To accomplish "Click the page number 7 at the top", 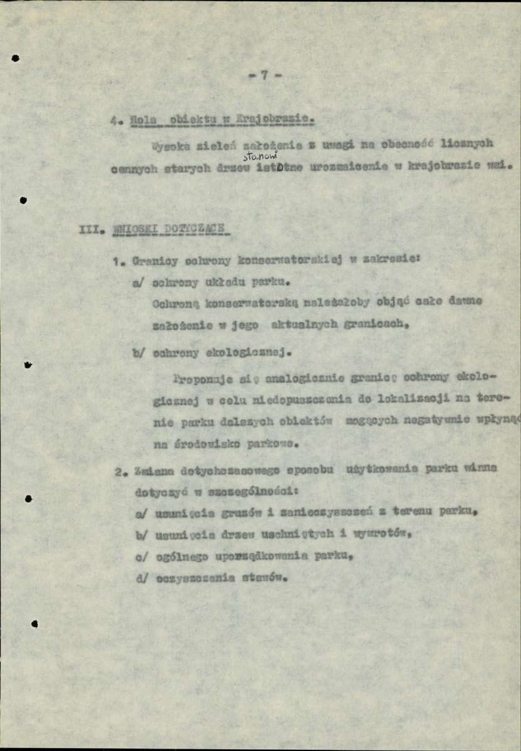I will point(265,75).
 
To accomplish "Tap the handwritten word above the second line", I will point(257,157).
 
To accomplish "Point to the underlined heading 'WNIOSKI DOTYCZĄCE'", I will point(170,229).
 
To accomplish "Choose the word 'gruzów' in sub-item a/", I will point(242,513).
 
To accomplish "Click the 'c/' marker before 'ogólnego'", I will point(140,556).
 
